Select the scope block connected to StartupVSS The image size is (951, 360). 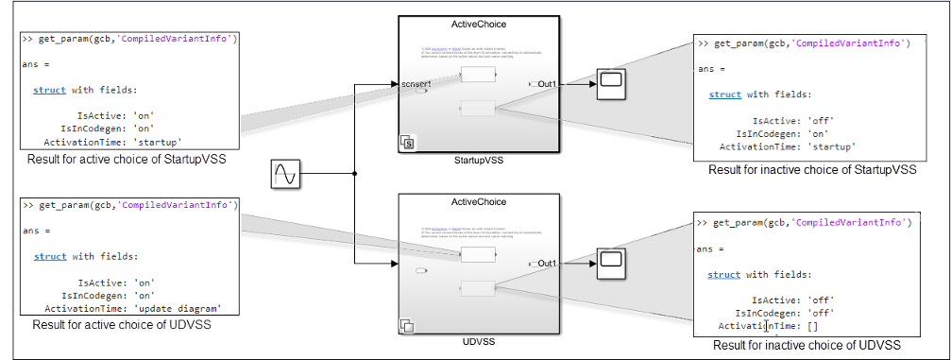(x=609, y=85)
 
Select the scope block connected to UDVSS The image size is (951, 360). (x=609, y=263)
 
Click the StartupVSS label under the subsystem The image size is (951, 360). (x=479, y=161)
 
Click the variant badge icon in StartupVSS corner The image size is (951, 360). (x=408, y=144)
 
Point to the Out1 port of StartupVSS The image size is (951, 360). (x=544, y=85)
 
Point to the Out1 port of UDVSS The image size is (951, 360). (x=544, y=263)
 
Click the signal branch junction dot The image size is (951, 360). (x=354, y=174)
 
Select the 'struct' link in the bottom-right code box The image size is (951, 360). (x=724, y=274)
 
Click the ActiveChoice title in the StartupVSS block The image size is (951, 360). (x=479, y=21)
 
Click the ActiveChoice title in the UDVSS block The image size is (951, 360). (x=479, y=201)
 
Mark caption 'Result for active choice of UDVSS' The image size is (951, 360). (x=121, y=324)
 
